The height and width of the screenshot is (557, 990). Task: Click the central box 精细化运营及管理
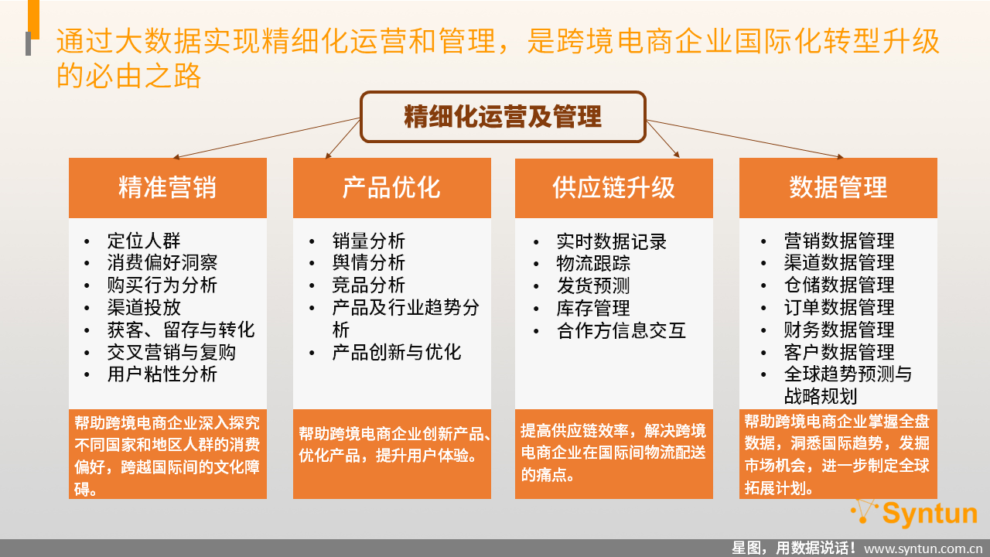pyautogui.click(x=503, y=117)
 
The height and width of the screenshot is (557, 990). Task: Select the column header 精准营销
pyautogui.click(x=168, y=188)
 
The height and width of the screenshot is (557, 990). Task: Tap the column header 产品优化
pyautogui.click(x=392, y=188)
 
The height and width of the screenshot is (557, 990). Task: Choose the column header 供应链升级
pyautogui.click(x=614, y=188)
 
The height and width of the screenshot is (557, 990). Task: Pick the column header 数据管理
pyautogui.click(x=838, y=188)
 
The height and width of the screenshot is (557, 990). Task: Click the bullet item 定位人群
pyautogui.click(x=144, y=241)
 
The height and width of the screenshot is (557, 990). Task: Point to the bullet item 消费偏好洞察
pyautogui.click(x=162, y=263)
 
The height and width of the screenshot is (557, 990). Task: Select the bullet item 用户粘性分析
pyautogui.click(x=162, y=374)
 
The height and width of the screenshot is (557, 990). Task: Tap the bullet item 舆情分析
pyautogui.click(x=369, y=263)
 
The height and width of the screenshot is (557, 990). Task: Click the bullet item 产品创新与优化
pyautogui.click(x=397, y=352)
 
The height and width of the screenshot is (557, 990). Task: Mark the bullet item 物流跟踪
pyautogui.click(x=593, y=264)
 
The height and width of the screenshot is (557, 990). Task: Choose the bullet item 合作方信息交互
pyautogui.click(x=621, y=330)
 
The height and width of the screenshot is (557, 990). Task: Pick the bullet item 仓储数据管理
pyautogui.click(x=839, y=285)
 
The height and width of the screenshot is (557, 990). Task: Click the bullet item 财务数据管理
pyautogui.click(x=839, y=330)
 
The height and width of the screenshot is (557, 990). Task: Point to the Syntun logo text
pyautogui.click(x=930, y=514)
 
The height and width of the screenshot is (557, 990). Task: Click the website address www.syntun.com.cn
pyautogui.click(x=923, y=548)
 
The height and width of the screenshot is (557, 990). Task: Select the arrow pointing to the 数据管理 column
pyautogui.click(x=745, y=138)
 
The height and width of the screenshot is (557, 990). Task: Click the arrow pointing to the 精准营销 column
pyautogui.click(x=266, y=138)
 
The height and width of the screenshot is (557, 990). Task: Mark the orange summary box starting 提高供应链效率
pyautogui.click(x=614, y=454)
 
